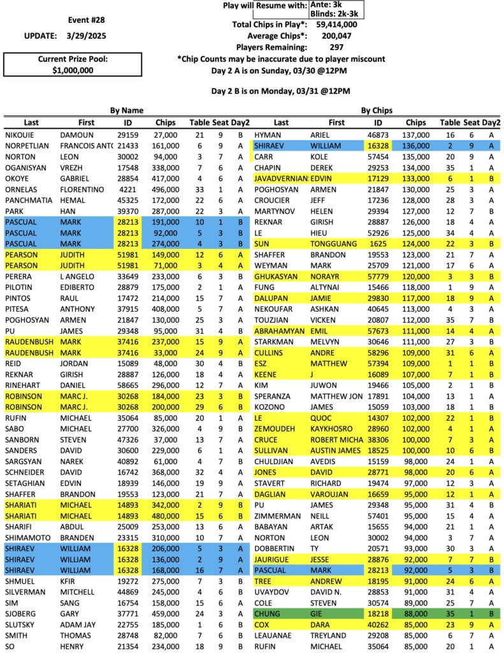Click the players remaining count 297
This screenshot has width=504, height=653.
point(337,47)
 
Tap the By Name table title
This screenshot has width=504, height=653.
point(127,110)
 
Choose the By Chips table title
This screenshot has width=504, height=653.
point(377,110)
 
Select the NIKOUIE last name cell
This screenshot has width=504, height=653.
point(20,135)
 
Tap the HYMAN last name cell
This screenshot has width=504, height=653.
point(268,135)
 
